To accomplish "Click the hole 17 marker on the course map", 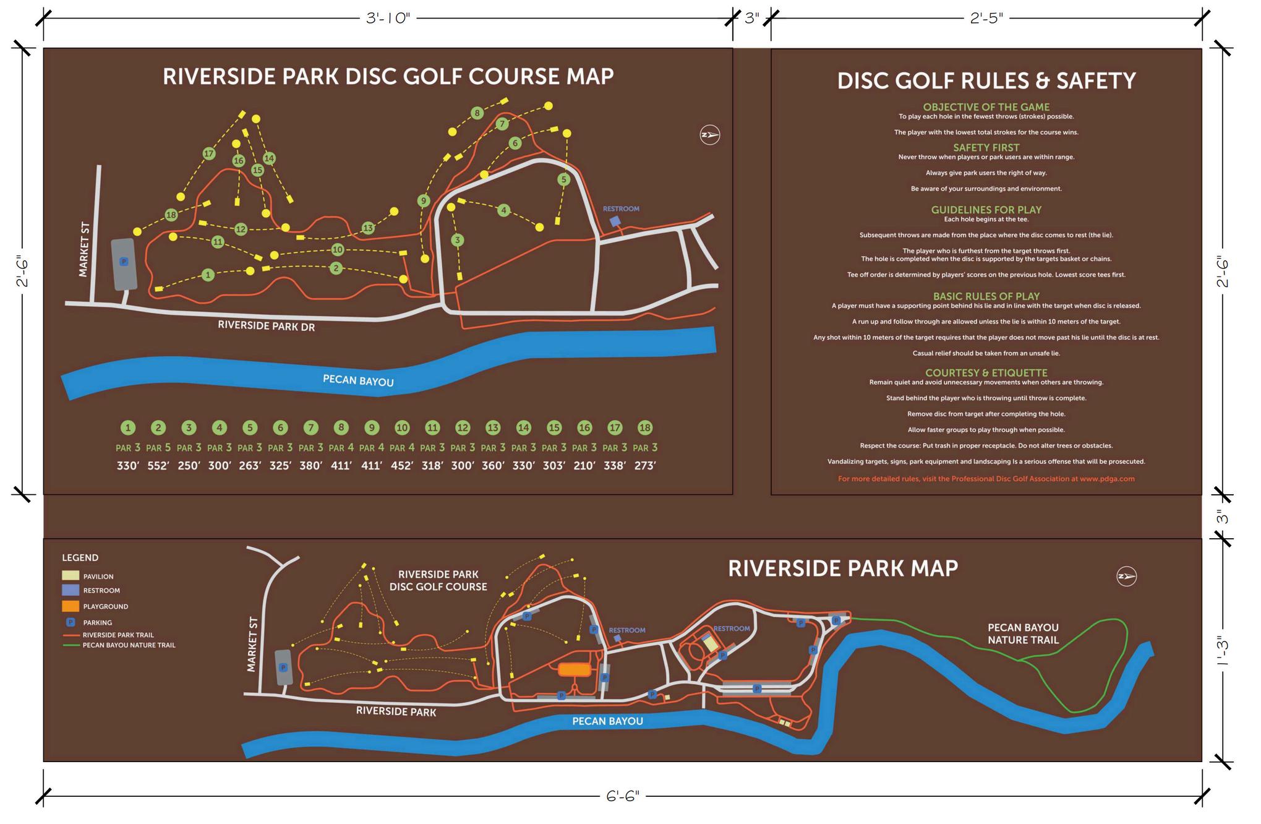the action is coord(208,153).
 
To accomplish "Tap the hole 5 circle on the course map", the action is coord(563,179).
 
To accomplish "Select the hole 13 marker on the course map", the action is coord(368,228).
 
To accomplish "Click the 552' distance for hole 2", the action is coord(158,466).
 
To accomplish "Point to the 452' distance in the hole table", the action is coord(402,466).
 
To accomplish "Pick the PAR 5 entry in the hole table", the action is coord(158,448).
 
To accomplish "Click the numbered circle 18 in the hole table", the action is coord(645,427).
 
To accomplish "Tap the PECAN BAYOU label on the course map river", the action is coord(358,380).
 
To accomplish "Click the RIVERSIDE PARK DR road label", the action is coord(266,326).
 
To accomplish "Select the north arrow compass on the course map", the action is coord(709,135).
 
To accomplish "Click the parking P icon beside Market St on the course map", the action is coord(124,262).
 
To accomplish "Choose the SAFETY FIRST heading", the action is coord(986,148).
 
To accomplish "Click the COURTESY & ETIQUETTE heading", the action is coord(986,373).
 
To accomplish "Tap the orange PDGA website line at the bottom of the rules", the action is coord(986,479).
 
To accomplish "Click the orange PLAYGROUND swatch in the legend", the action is coord(71,606).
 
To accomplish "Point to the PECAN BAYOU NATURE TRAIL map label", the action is coord(1023,633).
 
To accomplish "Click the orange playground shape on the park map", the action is coord(575,669).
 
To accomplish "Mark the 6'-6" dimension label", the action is coord(622,796).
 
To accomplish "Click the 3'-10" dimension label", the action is coord(388,19).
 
